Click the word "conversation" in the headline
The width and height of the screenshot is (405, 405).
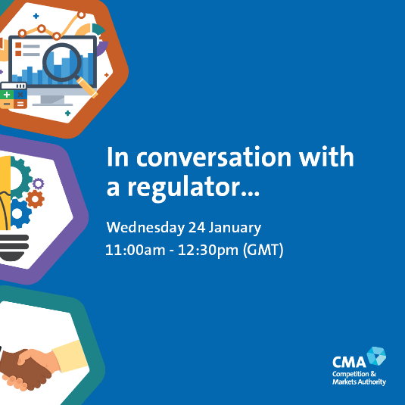click(x=214, y=157)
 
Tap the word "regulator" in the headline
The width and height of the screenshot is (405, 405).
click(x=194, y=188)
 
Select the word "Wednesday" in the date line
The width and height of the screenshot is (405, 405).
click(x=145, y=227)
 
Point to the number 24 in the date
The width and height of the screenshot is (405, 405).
click(x=197, y=227)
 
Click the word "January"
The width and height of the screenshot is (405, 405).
click(x=235, y=228)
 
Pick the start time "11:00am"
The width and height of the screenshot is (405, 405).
click(x=135, y=250)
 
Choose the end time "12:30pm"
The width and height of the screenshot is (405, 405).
click(x=208, y=251)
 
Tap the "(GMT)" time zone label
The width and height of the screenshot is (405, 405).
click(x=263, y=250)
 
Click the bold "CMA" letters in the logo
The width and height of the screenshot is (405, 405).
click(x=349, y=362)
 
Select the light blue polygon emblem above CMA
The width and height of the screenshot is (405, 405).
click(x=377, y=356)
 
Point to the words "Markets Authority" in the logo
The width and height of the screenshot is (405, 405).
click(x=359, y=382)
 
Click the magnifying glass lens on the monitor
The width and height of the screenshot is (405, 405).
click(x=62, y=62)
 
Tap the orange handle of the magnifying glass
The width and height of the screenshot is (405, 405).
click(x=87, y=87)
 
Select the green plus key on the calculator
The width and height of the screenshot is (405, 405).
click(x=7, y=95)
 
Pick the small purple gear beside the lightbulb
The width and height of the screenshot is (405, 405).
click(x=39, y=184)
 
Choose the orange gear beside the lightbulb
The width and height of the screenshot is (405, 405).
click(x=35, y=199)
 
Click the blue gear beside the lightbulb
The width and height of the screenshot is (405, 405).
click(x=20, y=213)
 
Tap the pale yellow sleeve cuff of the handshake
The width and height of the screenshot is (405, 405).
click(x=70, y=357)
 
